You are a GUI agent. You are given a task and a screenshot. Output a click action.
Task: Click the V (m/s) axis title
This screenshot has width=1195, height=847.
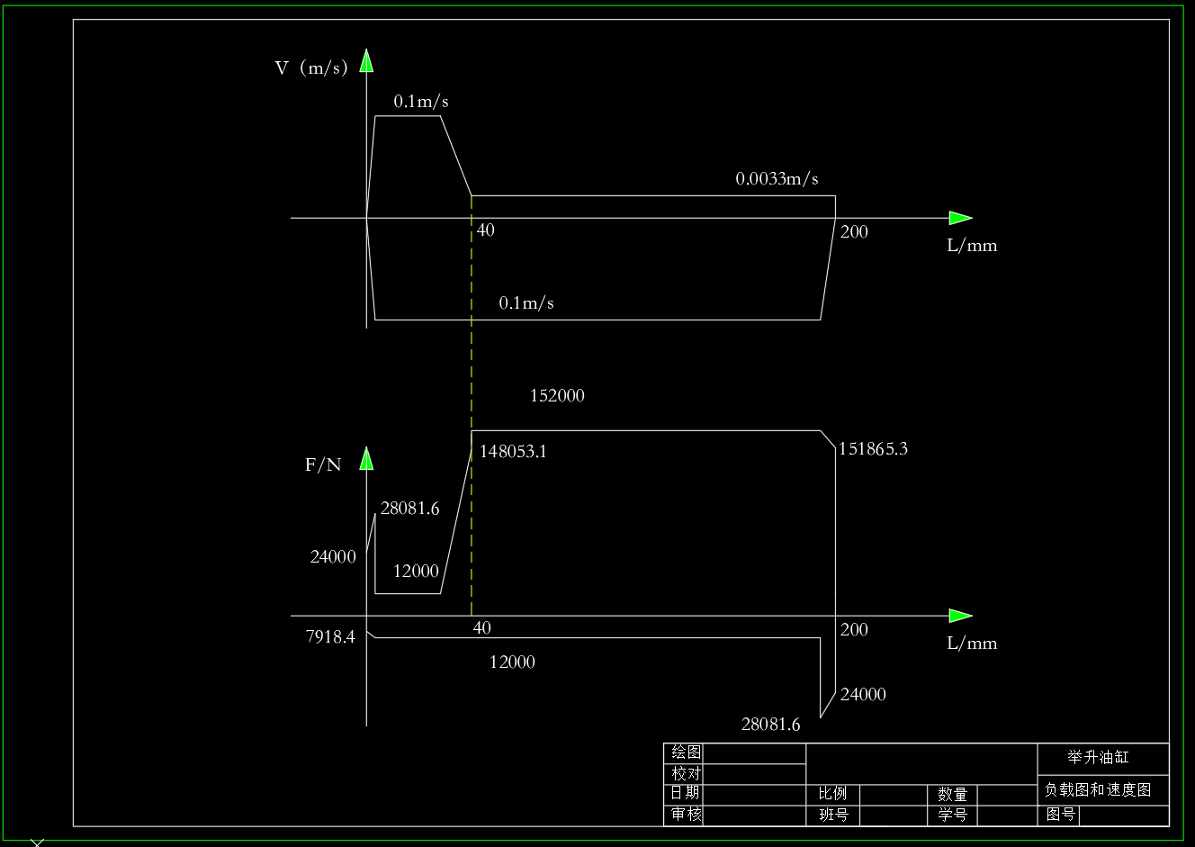(311, 68)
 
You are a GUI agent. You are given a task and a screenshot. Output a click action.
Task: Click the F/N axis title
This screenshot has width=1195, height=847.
(323, 464)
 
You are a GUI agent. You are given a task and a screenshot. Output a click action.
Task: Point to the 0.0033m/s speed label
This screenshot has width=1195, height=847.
(777, 178)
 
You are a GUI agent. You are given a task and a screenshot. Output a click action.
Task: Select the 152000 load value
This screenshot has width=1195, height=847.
(557, 395)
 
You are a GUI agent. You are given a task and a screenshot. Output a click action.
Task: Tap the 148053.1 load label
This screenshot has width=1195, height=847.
(513, 452)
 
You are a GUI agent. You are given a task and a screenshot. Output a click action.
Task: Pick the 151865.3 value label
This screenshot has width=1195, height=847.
(873, 449)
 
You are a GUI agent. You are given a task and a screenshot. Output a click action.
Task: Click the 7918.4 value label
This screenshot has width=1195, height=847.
(330, 636)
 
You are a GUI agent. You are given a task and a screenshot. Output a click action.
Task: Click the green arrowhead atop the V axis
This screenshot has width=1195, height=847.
(366, 60)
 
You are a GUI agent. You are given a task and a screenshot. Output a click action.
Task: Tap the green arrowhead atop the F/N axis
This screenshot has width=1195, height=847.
(366, 458)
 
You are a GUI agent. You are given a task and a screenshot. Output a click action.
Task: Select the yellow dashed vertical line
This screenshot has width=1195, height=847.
(472, 406)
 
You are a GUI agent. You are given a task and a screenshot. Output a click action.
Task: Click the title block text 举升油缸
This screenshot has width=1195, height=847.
(1098, 757)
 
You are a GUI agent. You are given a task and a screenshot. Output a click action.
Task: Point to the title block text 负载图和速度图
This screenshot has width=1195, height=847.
(1098, 790)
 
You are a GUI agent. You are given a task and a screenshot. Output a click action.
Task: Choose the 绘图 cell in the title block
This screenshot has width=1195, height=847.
(686, 752)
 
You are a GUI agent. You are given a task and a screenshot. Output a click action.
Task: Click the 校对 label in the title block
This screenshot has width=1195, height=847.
(686, 773)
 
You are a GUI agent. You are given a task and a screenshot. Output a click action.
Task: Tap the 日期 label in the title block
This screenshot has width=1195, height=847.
(685, 793)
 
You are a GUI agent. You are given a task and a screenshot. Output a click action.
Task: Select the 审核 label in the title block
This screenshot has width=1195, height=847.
(686, 814)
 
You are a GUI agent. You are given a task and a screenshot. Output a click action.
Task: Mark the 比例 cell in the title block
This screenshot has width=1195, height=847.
(832, 794)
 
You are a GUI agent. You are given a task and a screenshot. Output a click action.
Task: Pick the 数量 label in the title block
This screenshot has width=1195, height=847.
(952, 794)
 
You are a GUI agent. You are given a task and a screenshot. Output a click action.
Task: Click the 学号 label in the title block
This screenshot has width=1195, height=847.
(952, 815)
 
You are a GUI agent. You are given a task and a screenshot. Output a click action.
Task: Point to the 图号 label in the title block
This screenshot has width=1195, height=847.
(1060, 815)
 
